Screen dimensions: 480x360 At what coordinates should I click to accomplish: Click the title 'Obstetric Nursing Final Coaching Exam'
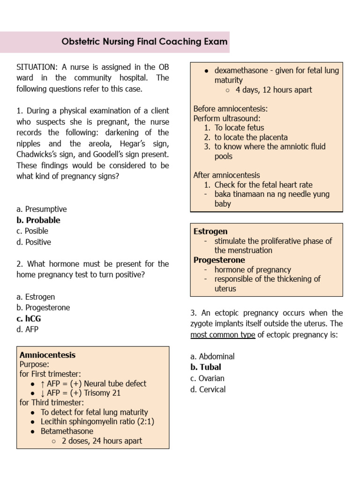144,42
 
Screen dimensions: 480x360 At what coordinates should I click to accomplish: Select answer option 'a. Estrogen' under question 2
36,297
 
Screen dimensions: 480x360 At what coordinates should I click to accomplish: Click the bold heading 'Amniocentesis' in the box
47,355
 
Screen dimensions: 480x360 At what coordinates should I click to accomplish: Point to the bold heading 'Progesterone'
219,260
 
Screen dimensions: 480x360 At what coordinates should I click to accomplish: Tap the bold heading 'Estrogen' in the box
210,231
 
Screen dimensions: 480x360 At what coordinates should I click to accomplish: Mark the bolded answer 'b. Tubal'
205,367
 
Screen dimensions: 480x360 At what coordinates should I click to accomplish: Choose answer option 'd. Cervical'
208,389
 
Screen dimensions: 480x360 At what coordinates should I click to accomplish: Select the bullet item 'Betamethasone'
67,431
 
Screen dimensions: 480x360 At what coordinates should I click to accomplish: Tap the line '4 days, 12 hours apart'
273,90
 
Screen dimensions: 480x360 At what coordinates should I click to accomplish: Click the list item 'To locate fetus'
239,127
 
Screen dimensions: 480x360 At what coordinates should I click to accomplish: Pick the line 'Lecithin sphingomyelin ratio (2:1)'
97,421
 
